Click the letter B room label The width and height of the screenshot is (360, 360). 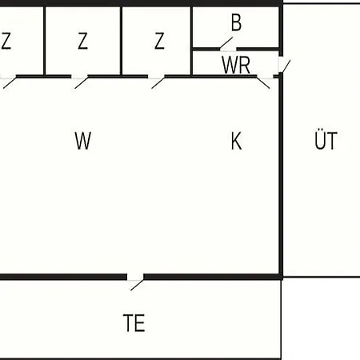click(237, 22)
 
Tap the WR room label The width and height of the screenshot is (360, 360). click(236, 65)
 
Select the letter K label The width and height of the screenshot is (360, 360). click(236, 141)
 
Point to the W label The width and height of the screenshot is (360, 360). click(83, 141)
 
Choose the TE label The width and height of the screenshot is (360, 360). click(134, 323)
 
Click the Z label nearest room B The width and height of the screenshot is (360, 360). click(159, 41)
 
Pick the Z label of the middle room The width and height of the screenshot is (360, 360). click(82, 41)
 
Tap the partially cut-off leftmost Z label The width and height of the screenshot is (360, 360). click(6, 41)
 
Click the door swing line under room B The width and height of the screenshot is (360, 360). click(226, 43)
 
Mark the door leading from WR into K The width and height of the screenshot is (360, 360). click(263, 82)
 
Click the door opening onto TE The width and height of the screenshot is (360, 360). click(137, 285)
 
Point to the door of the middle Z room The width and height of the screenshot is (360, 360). click(82, 82)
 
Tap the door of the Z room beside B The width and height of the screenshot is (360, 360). click(158, 82)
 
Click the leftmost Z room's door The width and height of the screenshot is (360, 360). click(10, 82)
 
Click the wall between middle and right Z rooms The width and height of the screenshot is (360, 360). click(122, 41)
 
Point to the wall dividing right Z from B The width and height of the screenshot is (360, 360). click(191, 41)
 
